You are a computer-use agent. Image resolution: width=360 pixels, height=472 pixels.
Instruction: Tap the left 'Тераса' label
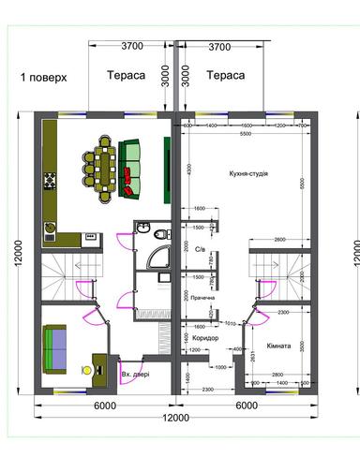[125, 75]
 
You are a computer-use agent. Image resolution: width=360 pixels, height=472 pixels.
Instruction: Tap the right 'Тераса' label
[225, 75]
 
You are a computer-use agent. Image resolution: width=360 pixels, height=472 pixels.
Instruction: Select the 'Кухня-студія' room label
[247, 174]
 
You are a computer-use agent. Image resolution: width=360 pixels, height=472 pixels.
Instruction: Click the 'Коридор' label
[203, 337]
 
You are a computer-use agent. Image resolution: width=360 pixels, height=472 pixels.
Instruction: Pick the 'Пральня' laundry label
[202, 299]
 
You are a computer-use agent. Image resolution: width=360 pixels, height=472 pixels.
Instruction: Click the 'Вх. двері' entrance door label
[139, 375]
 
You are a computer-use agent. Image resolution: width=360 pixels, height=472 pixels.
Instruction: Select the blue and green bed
[58, 346]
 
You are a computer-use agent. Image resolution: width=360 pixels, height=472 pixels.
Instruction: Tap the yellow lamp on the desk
[87, 370]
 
